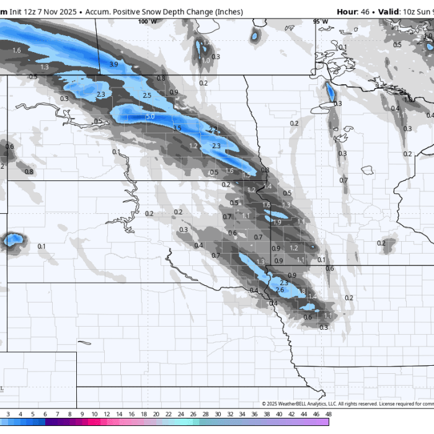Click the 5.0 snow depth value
point(150,116)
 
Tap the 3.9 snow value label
point(113,64)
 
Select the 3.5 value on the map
point(177,128)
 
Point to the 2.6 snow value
point(279,290)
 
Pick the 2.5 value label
point(147,95)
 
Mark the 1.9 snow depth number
point(277,222)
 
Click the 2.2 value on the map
point(213,129)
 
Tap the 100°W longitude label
point(148,21)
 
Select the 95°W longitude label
point(321,21)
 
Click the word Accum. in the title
point(99,12)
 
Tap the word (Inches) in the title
point(226,12)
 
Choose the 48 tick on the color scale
point(327,414)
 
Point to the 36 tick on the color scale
point(254,414)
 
